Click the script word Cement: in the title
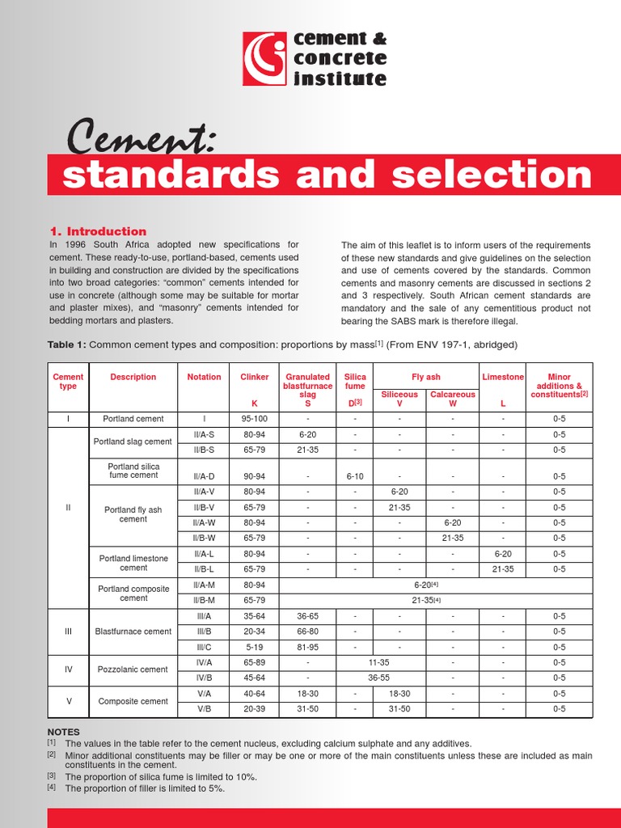(x=140, y=137)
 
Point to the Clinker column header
(x=254, y=377)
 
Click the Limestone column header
(x=503, y=377)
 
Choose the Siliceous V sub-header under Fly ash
(x=399, y=399)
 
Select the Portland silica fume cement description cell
(x=133, y=471)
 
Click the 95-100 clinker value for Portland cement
(x=254, y=419)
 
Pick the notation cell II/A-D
(x=204, y=476)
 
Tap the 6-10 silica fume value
(x=355, y=476)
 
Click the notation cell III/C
(x=204, y=647)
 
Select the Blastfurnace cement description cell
(x=133, y=632)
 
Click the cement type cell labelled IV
(x=68, y=670)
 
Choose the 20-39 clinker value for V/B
(x=254, y=709)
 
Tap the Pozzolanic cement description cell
(x=133, y=670)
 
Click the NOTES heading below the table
(x=64, y=732)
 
